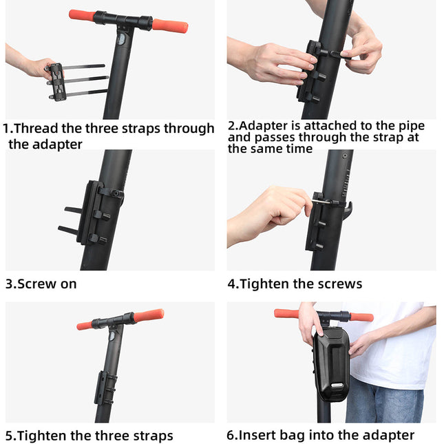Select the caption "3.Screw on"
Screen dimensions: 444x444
coord(41,284)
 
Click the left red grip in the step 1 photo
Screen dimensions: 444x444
coord(82,14)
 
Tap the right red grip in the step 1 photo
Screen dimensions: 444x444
coord(170,26)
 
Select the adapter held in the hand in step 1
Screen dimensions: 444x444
coord(57,81)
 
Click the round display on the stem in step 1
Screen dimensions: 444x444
coord(121,39)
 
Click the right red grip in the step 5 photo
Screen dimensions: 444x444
coord(148,316)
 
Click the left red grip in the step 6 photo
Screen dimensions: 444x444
coord(286,314)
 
